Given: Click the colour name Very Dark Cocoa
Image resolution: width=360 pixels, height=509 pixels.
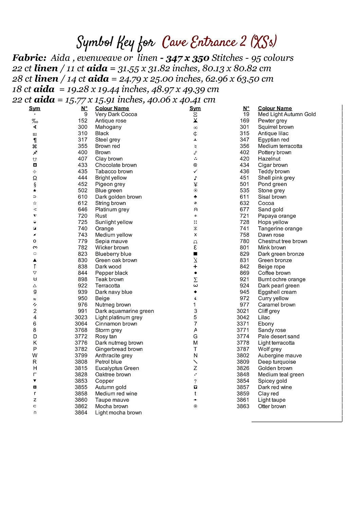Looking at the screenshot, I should pos(116,114).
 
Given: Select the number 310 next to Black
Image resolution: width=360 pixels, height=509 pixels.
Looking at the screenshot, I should pos(83,133).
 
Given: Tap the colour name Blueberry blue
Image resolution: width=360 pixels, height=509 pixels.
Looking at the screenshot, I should pos(113,254).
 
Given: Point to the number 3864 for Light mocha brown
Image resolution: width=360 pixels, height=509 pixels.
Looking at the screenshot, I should pos(81,413).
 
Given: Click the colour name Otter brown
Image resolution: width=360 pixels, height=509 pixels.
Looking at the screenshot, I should pos(272,406).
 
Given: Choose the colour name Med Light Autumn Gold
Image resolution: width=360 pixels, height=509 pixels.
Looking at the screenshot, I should pos(287,114).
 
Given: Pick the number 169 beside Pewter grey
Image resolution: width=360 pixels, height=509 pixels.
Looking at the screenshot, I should pos(245,120).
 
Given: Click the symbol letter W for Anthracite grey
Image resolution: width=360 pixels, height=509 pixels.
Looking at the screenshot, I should pos(35,355).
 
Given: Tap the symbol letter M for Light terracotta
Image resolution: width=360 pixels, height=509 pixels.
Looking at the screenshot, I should pos(195,343).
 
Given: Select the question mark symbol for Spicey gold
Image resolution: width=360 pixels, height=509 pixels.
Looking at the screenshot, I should pos(195,381).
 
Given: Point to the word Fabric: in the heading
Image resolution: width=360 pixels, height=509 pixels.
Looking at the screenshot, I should pos(29,58).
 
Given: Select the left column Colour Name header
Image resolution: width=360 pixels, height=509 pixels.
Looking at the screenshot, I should pos(112,108).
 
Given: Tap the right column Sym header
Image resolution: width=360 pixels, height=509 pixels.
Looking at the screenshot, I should pos(195,108).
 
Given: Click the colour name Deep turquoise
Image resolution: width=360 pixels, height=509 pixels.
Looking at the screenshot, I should pos(277,362).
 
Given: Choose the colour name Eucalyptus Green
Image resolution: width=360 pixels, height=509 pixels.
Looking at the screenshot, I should pos(117,368).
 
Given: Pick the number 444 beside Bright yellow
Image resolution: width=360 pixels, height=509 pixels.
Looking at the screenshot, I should pos(83,178).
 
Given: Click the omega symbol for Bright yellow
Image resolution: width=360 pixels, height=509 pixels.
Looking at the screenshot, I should pos(35,178).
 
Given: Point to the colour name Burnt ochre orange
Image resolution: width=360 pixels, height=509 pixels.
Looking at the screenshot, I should pos(282,279).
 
